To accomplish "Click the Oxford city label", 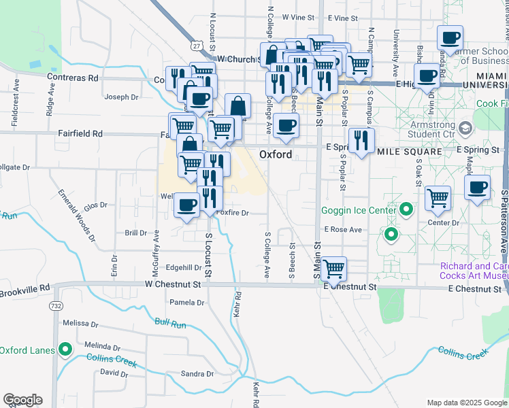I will (x=276, y=154).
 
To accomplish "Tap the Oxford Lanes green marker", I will (x=65, y=350).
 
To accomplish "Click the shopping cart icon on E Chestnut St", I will (x=333, y=269).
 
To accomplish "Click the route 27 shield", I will (x=196, y=46).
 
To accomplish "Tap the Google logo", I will (x=22, y=400).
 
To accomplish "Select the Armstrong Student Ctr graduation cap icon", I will (x=465, y=128).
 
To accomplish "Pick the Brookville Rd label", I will (x=25, y=292).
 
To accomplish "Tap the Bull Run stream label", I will (x=170, y=323).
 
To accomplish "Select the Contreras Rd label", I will (x=72, y=78).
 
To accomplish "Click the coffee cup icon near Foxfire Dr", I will (x=186, y=205).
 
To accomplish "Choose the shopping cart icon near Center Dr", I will (x=438, y=198).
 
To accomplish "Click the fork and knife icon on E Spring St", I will (x=361, y=140).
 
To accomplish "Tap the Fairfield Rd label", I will (x=80, y=134).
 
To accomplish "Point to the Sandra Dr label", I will (x=197, y=373).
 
